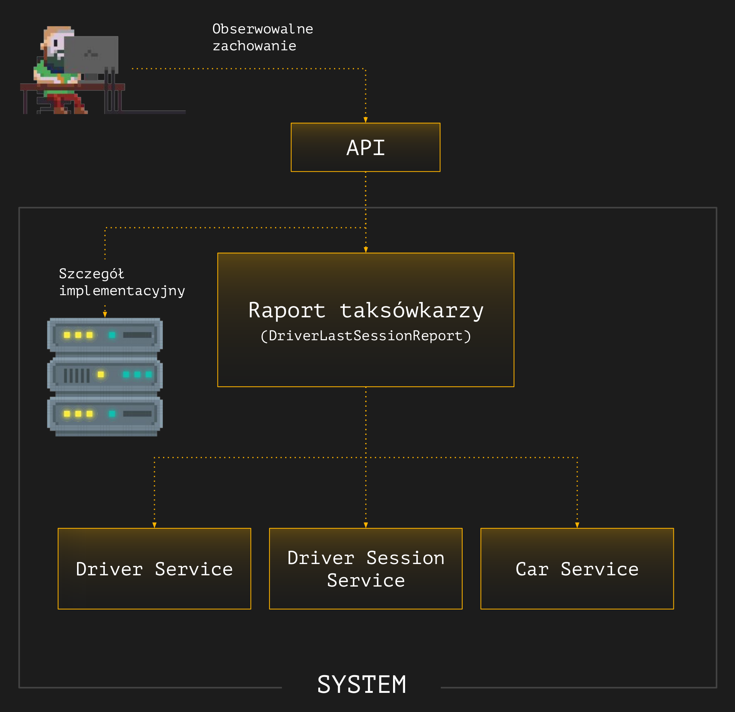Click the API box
pos(365,147)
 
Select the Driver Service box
pos(154,569)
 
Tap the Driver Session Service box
pos(365,569)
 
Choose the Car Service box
pos(577,569)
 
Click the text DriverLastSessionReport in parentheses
pos(365,336)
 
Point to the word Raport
pos(287,311)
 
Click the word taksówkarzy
pos(411,311)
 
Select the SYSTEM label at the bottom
pos(361,684)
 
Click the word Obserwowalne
pos(262,29)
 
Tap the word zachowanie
pos(254,46)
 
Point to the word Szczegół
pos(91,274)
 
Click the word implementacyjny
pos(122,291)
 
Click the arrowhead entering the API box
pos(365,120)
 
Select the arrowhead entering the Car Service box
pos(577,525)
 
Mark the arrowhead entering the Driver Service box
pos(154,525)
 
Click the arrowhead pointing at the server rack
pos(105,314)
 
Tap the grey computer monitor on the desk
pos(91,54)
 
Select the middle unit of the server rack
pos(105,374)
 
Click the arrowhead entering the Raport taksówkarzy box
pos(366,250)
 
